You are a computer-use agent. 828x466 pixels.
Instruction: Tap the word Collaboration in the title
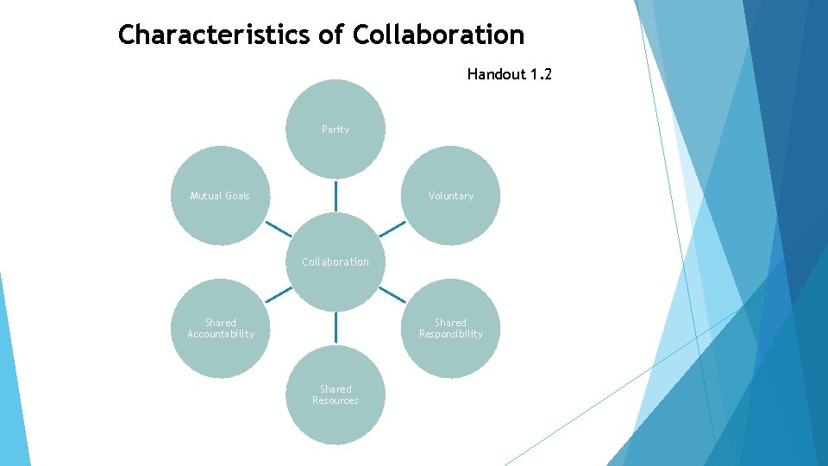coord(438,35)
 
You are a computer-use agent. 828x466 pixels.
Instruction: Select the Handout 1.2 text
coord(509,74)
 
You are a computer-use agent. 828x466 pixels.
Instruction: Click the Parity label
coord(336,129)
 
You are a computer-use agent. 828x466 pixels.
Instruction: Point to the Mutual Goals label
coord(220,196)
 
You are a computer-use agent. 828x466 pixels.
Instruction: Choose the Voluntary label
coord(451,196)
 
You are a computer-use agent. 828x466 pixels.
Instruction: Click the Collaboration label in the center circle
coord(336,261)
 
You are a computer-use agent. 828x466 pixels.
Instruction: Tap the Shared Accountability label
coord(221,328)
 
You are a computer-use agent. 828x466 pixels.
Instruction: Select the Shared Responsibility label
coord(451,328)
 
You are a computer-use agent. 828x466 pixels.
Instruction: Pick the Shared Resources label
coord(336,394)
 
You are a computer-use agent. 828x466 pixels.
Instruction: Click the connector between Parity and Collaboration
coord(336,195)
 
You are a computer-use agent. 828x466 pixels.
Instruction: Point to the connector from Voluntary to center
coord(392,229)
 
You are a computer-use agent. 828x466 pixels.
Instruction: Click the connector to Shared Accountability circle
coord(279,294)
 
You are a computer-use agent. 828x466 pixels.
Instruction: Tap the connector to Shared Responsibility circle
coord(392,294)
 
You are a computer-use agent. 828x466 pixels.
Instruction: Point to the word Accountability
coord(221,334)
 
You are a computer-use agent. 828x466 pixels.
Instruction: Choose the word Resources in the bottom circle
coord(336,400)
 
